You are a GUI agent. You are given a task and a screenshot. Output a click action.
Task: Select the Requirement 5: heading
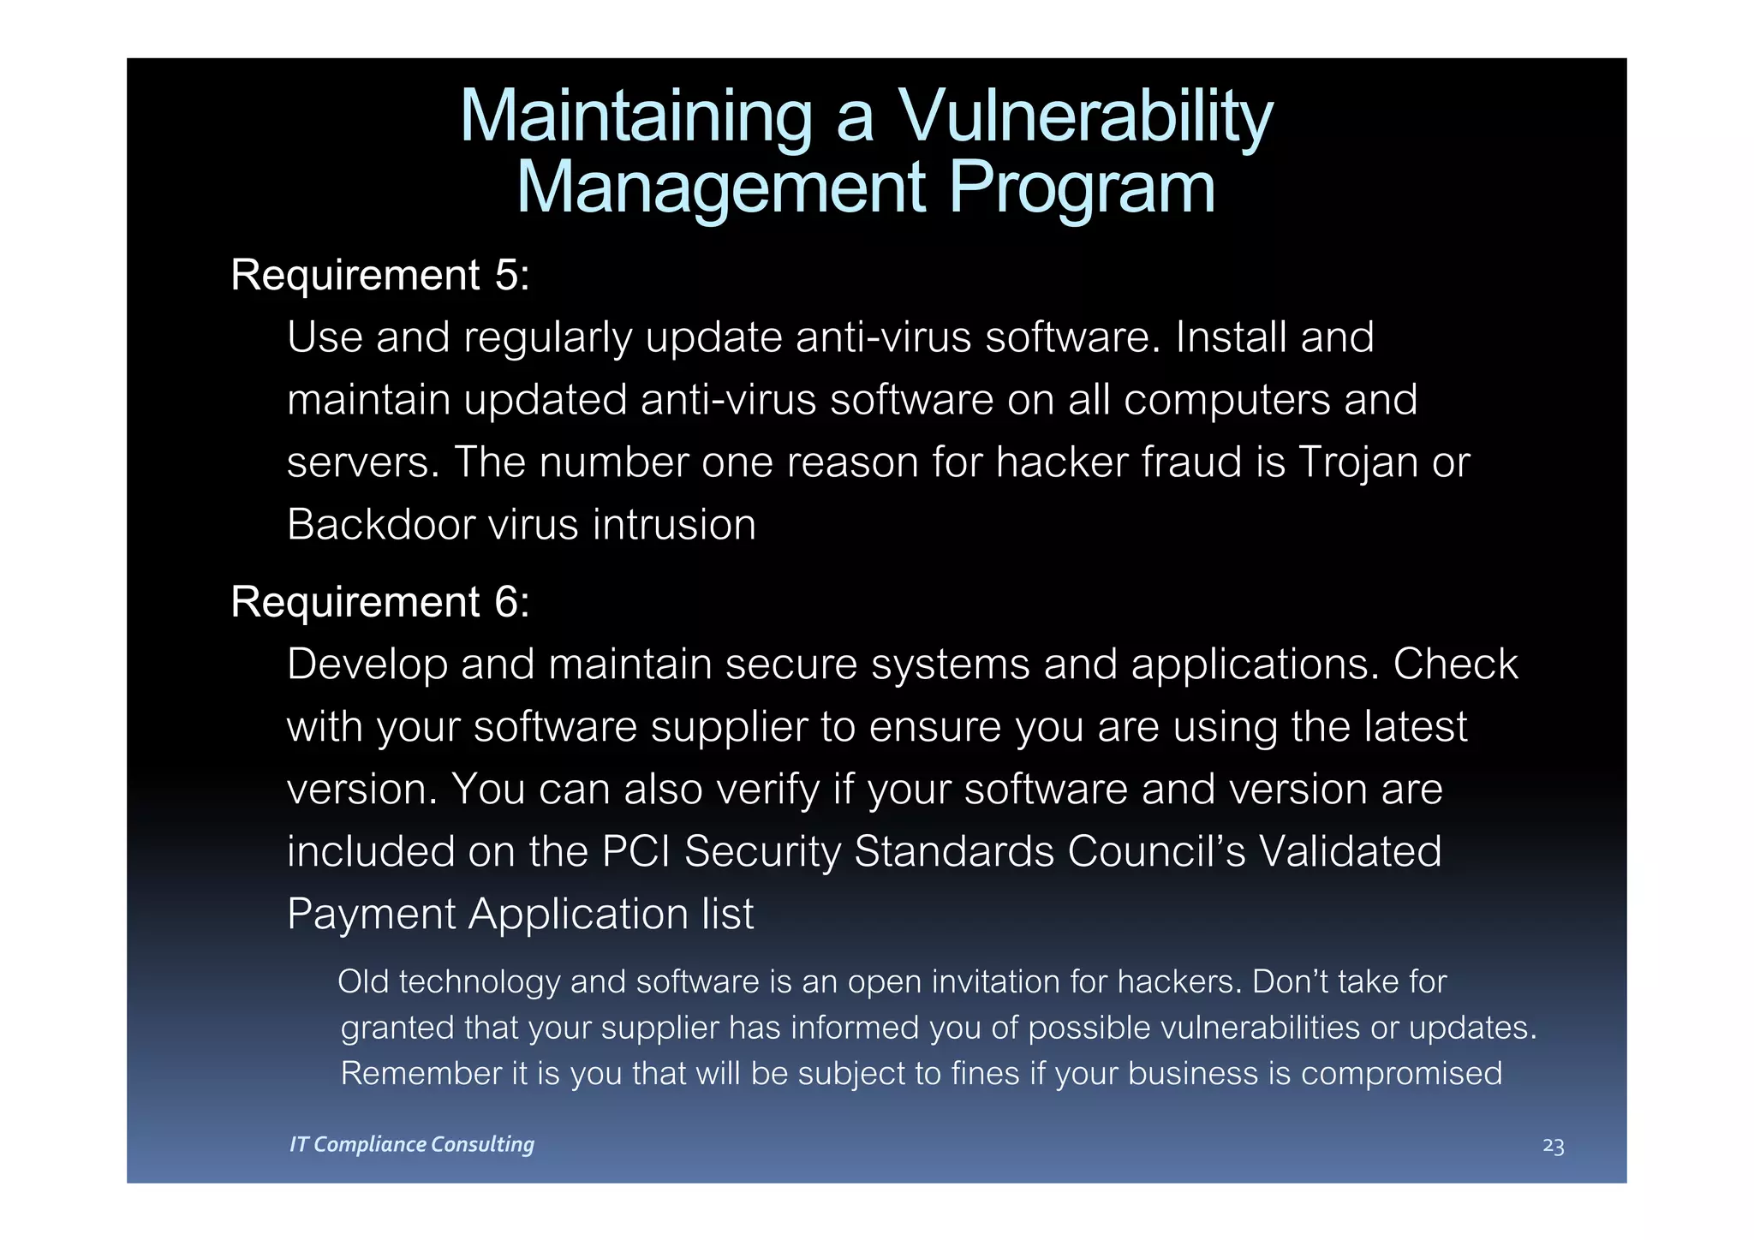click(380, 275)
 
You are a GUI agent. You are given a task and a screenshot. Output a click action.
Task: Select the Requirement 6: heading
click(380, 601)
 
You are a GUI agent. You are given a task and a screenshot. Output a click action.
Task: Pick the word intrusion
click(674, 524)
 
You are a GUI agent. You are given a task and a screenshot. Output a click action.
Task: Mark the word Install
click(1231, 337)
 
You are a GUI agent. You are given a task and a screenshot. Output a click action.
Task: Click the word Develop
click(367, 665)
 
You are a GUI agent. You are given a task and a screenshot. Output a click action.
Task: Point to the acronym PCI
click(636, 851)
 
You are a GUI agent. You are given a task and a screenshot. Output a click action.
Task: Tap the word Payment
click(372, 914)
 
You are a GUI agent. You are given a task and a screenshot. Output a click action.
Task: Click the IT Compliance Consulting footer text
click(412, 1144)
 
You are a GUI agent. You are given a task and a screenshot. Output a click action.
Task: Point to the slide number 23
click(1553, 1146)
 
